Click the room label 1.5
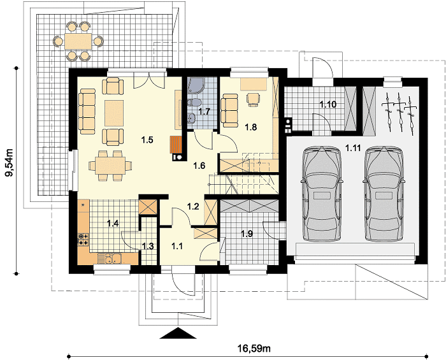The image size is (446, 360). click(147, 140)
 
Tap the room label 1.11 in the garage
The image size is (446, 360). click(353, 148)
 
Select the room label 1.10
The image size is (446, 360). click(328, 104)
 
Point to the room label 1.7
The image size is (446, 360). click(204, 111)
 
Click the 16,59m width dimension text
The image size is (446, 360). click(254, 348)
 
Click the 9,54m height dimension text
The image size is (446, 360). click(10, 167)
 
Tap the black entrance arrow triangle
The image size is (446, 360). click(178, 333)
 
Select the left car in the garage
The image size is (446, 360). click(322, 194)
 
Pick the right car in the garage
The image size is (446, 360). click(384, 194)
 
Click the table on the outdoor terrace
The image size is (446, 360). click(78, 41)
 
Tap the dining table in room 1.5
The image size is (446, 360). click(110, 166)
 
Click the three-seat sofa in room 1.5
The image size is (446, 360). click(87, 111)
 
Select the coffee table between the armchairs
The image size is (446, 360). click(114, 113)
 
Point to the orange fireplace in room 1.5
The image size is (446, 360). click(175, 145)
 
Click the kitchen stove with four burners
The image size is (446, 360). click(83, 240)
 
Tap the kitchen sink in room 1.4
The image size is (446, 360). click(110, 259)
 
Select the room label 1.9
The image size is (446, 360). click(247, 234)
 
